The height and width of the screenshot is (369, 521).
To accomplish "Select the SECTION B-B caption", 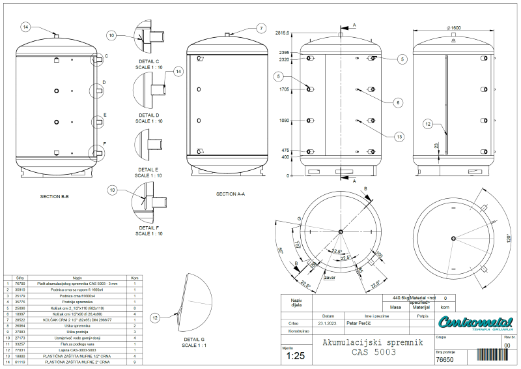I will [54, 196].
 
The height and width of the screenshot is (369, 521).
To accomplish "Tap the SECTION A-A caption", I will [231, 194].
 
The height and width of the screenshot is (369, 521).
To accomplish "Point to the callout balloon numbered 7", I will [260, 28].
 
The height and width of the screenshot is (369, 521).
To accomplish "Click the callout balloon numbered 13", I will [399, 136].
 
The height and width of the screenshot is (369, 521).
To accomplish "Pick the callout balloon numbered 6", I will [398, 102].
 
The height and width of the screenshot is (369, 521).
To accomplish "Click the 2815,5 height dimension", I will [282, 33].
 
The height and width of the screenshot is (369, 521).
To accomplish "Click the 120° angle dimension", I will [505, 238].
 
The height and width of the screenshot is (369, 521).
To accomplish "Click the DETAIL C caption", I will [148, 61].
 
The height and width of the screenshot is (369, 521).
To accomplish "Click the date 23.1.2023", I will [327, 323].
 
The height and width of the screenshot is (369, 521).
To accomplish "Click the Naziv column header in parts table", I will [77, 277].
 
